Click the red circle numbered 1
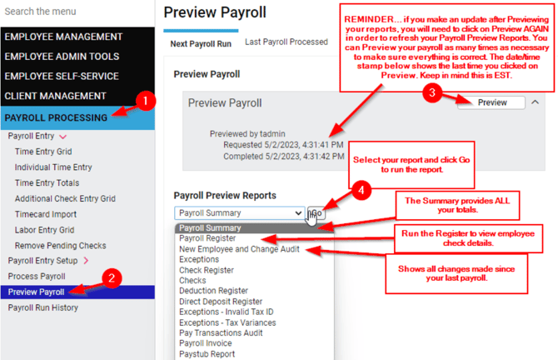[145, 101]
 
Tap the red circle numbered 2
[112, 278]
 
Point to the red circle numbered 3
[432, 93]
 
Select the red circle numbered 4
[361, 191]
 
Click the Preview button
[491, 102]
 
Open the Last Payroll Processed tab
[286, 42]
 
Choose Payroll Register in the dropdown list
[207, 238]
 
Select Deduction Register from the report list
[213, 291]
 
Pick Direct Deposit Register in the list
[221, 301]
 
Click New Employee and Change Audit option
[239, 249]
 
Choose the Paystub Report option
[207, 354]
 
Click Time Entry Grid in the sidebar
[43, 152]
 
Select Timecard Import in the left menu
[46, 214]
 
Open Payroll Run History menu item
[42, 307]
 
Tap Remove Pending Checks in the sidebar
[60, 246]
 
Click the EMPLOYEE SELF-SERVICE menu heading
[62, 76]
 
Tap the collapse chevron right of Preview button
[535, 102]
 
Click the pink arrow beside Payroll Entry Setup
[86, 261]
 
